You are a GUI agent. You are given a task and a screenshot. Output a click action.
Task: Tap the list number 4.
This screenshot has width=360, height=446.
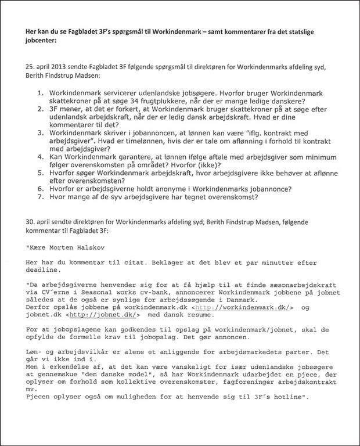(41, 156)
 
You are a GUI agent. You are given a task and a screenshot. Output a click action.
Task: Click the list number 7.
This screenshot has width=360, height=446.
(41, 196)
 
